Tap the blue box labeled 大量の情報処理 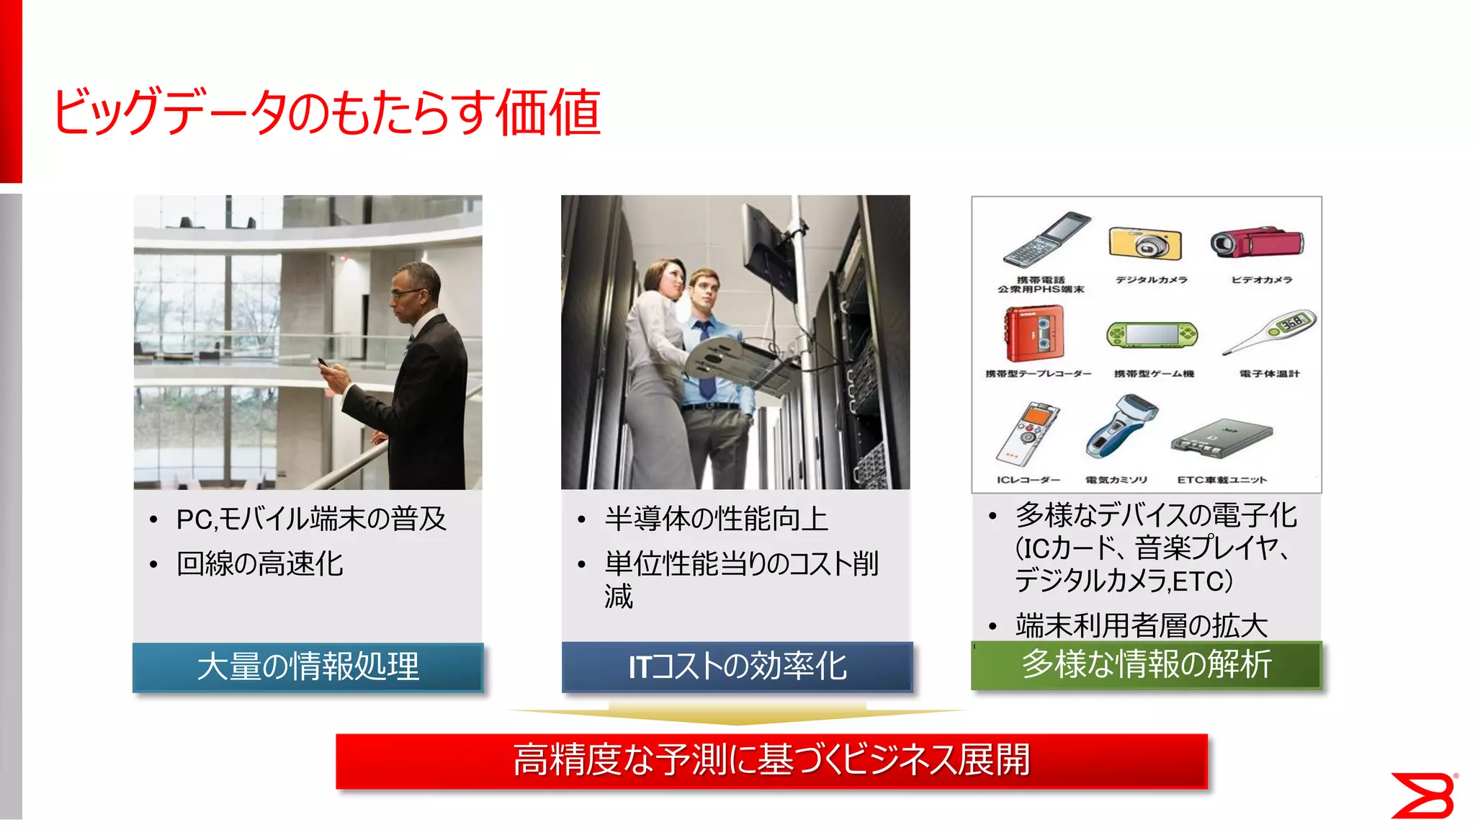308,666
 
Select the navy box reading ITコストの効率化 737,666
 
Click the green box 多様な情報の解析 1146,664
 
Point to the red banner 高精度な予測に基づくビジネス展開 771,761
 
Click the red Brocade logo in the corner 1423,795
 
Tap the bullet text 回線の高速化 259,563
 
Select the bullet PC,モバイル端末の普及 311,519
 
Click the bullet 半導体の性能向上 716,519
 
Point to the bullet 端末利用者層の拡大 1141,625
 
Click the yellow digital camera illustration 1146,244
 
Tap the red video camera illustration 1256,242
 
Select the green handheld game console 1152,335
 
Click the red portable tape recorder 1035,332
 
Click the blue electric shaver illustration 1121,427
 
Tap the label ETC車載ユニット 1221,480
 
